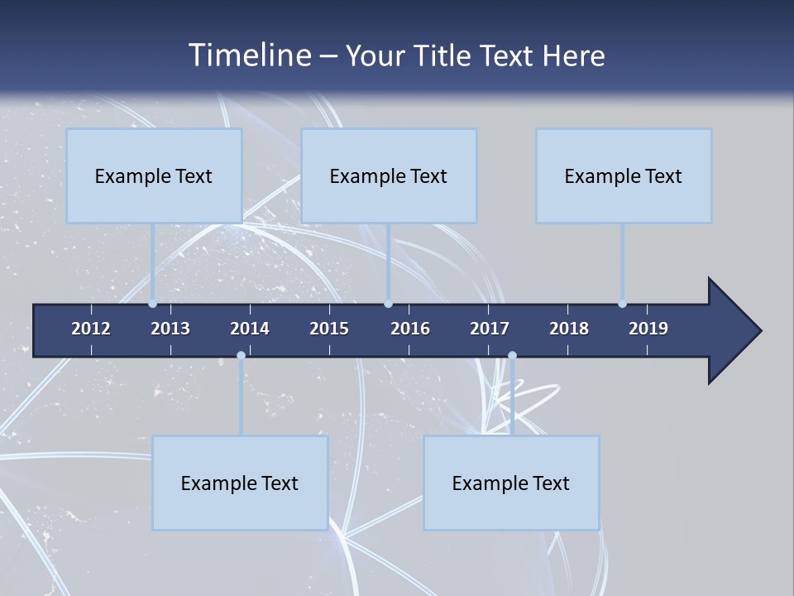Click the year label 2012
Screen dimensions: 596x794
point(91,329)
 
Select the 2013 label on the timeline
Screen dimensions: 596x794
point(170,329)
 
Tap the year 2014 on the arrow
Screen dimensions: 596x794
point(250,329)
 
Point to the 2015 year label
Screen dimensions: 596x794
point(329,329)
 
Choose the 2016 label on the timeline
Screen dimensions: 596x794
point(410,329)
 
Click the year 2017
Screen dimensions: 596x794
point(490,329)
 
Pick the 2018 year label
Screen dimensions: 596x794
point(569,329)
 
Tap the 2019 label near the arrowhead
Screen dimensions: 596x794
point(648,329)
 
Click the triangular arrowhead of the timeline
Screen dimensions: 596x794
point(732,331)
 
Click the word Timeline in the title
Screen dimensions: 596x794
point(248,55)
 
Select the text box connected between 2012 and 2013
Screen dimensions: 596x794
point(154,175)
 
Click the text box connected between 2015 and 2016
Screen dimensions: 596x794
point(389,175)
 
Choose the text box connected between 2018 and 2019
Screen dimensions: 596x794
point(624,175)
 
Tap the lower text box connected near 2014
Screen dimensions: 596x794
point(240,483)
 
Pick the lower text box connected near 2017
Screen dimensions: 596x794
point(511,483)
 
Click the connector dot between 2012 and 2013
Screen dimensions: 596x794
point(153,303)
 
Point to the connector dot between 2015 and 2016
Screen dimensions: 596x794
point(388,303)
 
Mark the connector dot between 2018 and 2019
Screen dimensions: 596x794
point(622,303)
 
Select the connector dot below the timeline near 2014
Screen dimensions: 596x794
point(241,356)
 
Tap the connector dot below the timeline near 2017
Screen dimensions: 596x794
point(512,356)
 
